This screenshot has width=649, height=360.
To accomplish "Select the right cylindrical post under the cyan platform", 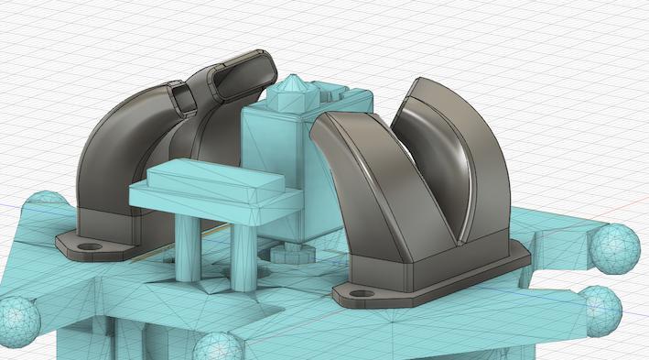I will coord(243,256).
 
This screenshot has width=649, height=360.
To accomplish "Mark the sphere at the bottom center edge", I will coord(217,348).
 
